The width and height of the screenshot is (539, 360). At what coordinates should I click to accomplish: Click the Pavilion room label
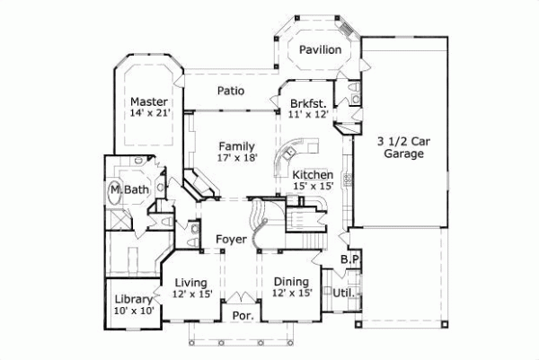pos(320,50)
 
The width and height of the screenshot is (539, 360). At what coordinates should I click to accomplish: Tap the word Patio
pos(232,91)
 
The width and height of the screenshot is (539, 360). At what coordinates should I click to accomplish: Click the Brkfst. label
pos(307,103)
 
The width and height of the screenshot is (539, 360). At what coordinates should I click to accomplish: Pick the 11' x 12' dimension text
pos(307,115)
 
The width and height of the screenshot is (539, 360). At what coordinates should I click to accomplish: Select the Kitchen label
pos(314,174)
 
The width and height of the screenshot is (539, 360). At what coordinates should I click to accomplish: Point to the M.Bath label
pos(128,190)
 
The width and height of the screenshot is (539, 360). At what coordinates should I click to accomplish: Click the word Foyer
pos(231,240)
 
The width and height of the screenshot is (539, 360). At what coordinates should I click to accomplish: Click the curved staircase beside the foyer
pos(259,224)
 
